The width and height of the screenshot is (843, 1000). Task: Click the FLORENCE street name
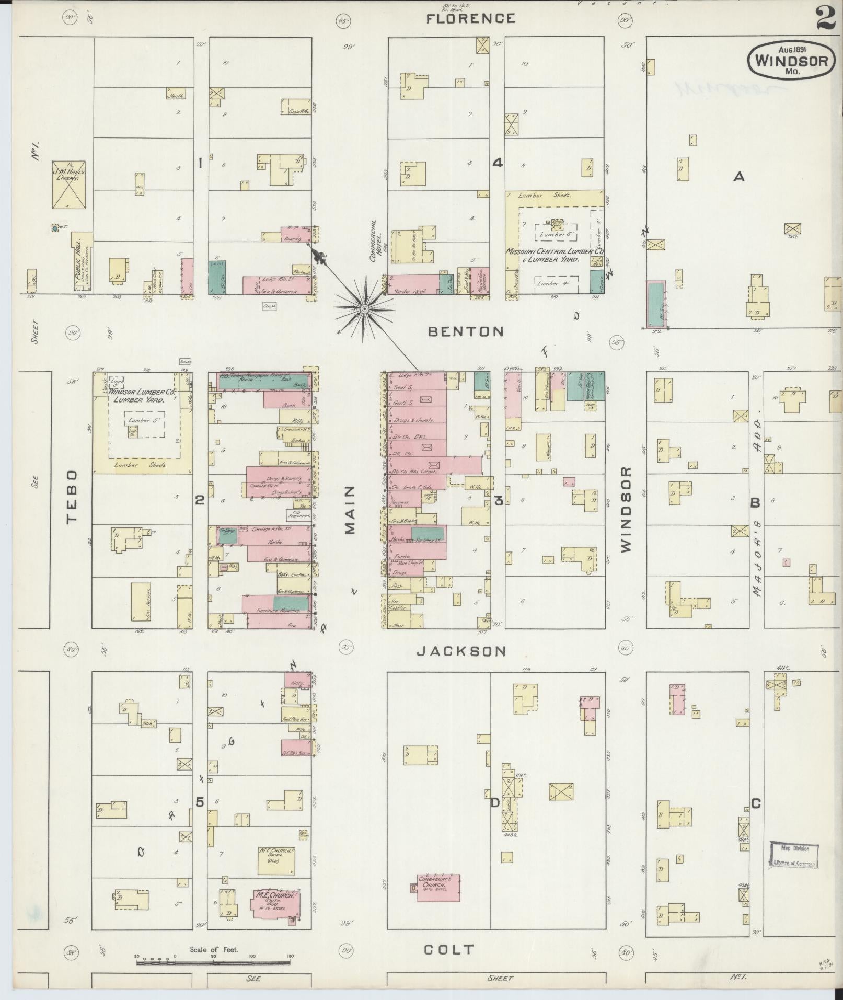point(470,19)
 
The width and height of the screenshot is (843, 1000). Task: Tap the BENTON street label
point(466,331)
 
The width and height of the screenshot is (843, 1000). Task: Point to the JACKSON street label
point(461,651)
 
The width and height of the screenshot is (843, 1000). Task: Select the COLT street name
point(449,950)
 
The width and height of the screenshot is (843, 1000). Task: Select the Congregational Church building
point(438,888)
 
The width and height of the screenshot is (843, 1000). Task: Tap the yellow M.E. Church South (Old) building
point(275,860)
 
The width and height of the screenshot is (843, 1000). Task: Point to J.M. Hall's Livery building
point(68,179)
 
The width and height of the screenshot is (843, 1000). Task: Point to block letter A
point(738,177)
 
